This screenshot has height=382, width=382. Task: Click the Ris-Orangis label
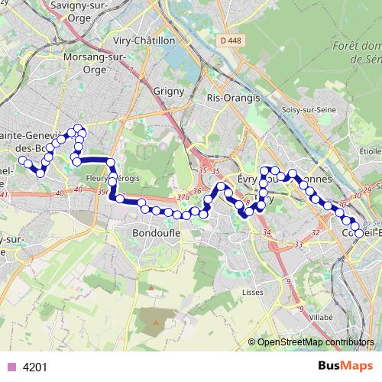[234, 98]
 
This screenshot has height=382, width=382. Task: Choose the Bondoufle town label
[155, 232]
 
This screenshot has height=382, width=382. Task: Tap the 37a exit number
[182, 197]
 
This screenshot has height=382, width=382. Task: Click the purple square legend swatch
[11, 367]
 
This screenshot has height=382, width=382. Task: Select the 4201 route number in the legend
[35, 367]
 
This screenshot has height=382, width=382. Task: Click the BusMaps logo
[345, 366]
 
